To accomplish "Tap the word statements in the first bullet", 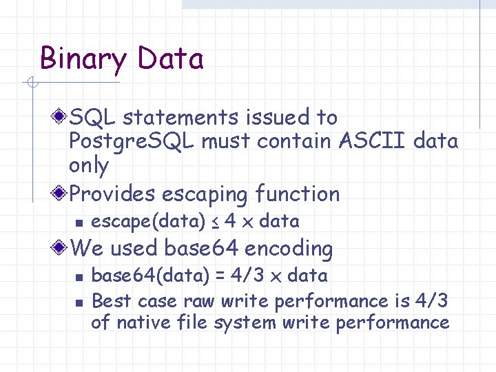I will [173, 118].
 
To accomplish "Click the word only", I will [89, 166].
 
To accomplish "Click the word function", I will [298, 194].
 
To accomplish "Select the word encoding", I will [289, 248].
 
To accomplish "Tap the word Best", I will [112, 301].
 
